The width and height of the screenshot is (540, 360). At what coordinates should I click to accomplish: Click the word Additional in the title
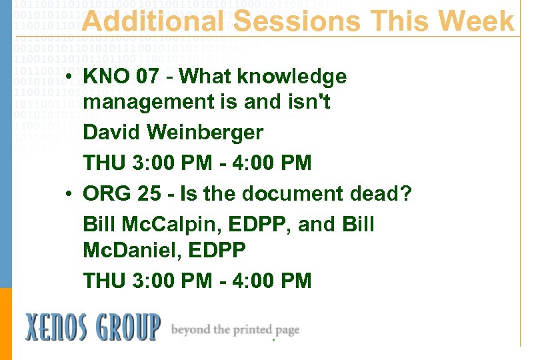point(153,21)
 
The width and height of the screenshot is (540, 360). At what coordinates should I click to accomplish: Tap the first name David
point(111,132)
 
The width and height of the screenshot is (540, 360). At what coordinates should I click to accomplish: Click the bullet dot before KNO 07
point(69,78)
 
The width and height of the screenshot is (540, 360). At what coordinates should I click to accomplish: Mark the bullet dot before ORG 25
point(69,195)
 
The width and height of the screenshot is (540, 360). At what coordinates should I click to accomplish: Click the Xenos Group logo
point(93,327)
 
